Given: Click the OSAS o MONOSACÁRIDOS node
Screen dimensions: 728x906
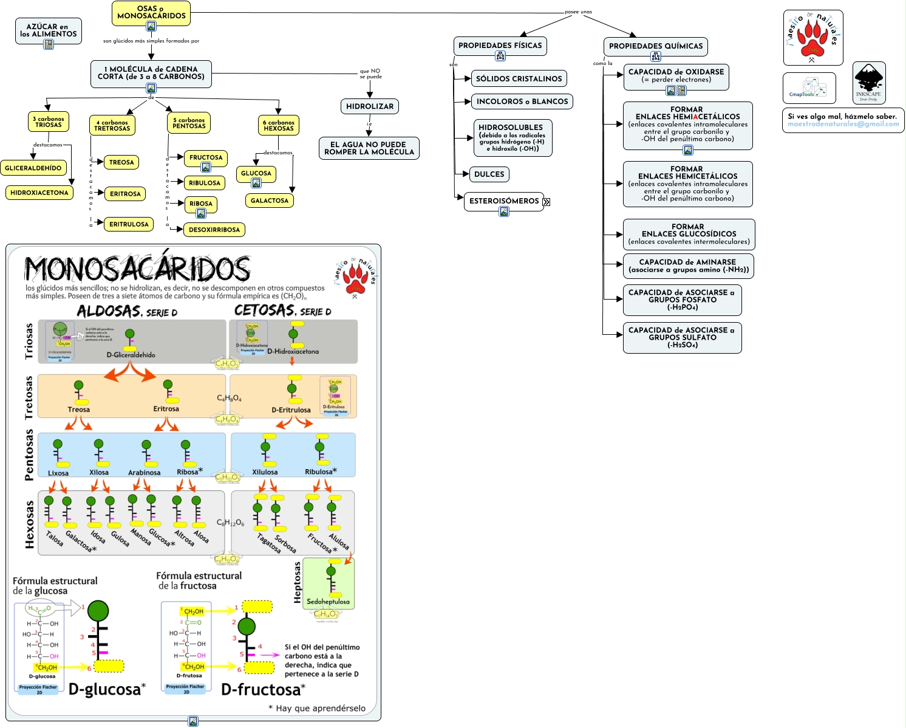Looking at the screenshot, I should (x=151, y=12).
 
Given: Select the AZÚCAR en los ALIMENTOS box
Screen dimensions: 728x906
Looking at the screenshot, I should (x=48, y=30).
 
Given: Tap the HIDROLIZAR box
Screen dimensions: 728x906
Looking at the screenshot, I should (x=370, y=106).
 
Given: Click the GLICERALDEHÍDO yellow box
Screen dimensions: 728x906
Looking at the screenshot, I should (x=33, y=168).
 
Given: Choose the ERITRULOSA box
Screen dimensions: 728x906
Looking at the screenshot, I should (x=129, y=224).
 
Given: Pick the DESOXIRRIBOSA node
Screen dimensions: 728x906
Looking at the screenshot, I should (x=214, y=230).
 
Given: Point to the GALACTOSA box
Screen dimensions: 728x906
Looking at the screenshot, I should (x=270, y=201).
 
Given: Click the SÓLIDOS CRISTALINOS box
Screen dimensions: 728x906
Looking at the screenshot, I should (x=519, y=78).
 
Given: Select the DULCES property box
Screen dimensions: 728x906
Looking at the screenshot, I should (x=489, y=174).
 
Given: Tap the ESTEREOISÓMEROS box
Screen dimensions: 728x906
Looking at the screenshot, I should (x=504, y=201).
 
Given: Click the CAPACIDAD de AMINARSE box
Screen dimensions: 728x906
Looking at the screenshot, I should (x=688, y=266).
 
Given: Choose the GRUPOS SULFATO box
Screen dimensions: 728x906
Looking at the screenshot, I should (x=682, y=337).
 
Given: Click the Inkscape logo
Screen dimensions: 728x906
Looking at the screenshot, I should (x=868, y=83).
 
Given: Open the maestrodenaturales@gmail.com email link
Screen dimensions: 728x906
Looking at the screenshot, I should (x=843, y=124).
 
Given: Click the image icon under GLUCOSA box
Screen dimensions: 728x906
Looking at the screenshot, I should (x=256, y=183).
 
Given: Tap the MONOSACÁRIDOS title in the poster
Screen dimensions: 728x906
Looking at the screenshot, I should (x=137, y=268).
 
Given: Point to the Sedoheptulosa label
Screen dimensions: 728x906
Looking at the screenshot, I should (x=328, y=602).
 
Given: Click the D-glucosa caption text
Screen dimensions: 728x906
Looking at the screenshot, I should (x=104, y=689).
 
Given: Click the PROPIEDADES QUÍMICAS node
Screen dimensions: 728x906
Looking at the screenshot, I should (x=656, y=46).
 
